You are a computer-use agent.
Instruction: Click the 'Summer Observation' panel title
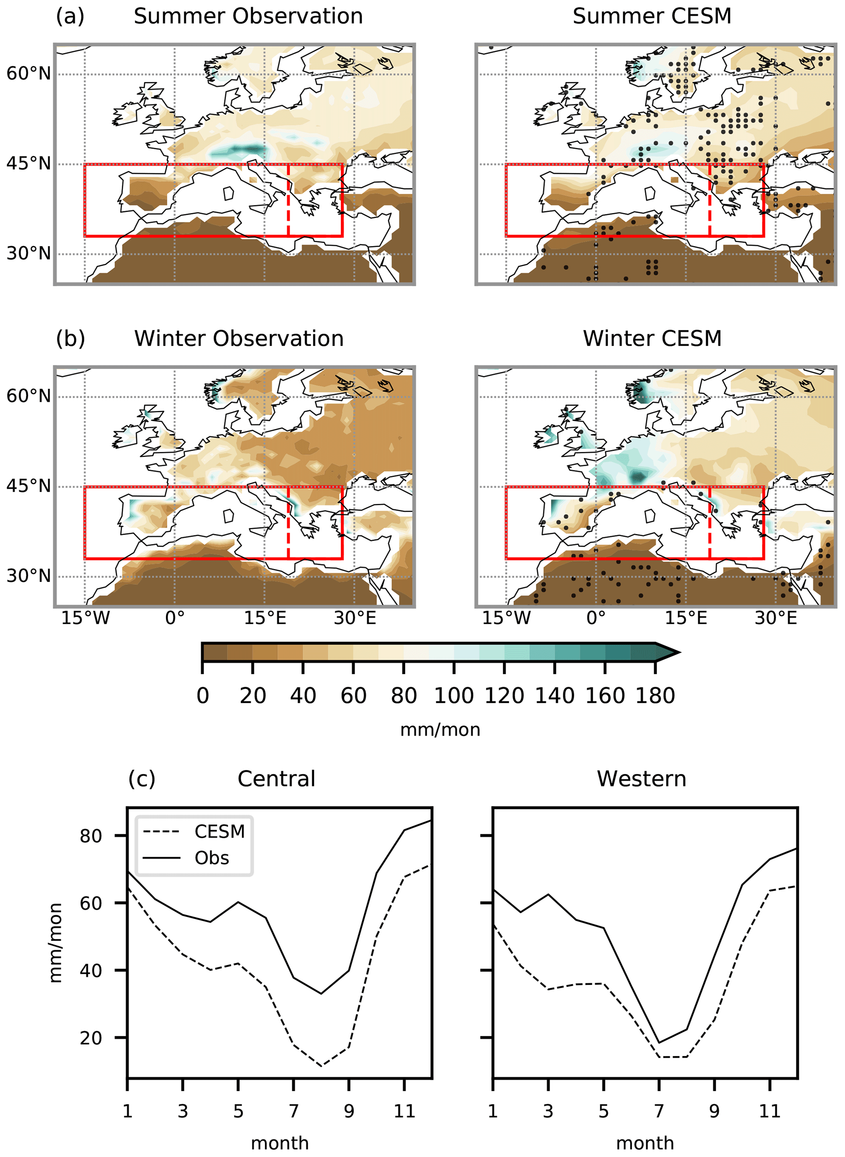[248, 16]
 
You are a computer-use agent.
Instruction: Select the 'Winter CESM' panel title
[652, 339]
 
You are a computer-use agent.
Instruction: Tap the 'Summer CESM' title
[652, 16]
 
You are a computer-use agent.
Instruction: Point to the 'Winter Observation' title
[239, 339]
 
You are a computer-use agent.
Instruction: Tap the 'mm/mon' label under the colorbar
[440, 730]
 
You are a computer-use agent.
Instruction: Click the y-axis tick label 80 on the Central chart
[91, 836]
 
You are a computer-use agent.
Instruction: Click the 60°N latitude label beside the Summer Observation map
[29, 74]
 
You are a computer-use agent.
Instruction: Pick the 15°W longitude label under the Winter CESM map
[507, 618]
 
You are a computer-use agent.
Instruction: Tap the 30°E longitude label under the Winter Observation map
[355, 618]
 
